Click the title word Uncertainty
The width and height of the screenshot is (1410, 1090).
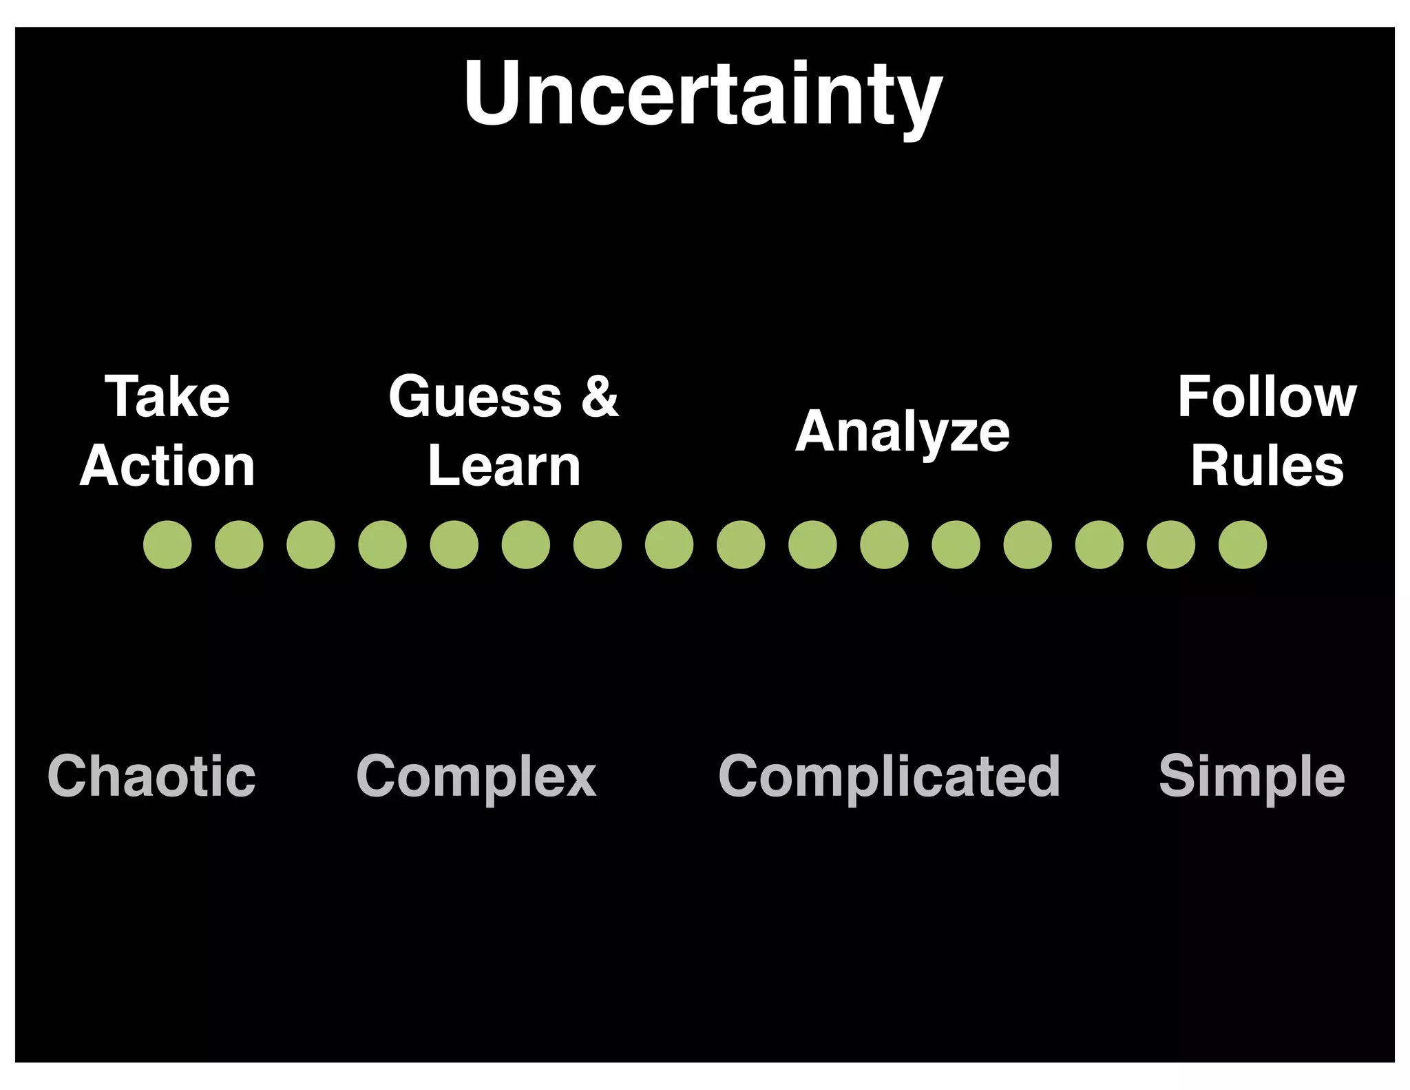click(703, 95)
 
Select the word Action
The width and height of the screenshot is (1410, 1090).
click(167, 466)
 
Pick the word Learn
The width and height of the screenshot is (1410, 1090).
click(504, 466)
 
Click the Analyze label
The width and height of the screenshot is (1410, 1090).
click(903, 432)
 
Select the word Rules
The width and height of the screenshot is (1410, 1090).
click(1267, 466)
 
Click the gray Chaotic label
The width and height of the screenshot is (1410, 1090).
click(151, 776)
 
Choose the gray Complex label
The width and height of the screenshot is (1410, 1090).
click(476, 777)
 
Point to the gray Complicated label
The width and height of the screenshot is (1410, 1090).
click(889, 777)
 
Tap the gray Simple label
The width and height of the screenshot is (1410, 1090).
click(1252, 777)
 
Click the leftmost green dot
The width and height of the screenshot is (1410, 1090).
click(167, 544)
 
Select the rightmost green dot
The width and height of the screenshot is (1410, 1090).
click(1243, 544)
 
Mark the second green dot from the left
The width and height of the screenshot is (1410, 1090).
click(239, 544)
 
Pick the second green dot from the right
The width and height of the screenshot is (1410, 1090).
click(1171, 544)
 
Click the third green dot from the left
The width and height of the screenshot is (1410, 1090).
click(311, 544)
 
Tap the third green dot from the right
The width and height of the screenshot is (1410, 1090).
click(1099, 544)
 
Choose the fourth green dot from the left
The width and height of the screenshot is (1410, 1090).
click(382, 544)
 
